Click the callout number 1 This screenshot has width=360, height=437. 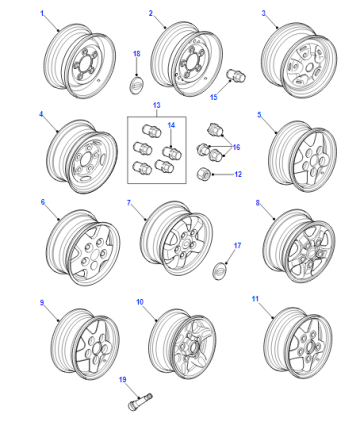click(42, 13)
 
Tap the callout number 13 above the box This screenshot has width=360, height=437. click(157, 105)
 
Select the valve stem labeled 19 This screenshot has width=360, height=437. click(140, 401)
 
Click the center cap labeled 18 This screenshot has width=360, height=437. click(136, 85)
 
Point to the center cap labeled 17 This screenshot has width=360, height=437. click(219, 271)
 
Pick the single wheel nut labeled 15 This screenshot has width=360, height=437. click(236, 75)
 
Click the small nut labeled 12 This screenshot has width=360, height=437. click(203, 174)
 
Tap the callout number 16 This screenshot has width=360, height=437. click(236, 147)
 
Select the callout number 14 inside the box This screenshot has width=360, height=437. click(171, 125)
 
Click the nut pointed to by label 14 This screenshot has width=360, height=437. click(172, 153)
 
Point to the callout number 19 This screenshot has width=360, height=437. click(123, 380)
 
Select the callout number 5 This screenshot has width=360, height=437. click(259, 115)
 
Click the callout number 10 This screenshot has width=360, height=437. click(140, 302)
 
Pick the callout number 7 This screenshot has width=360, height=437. click(129, 203)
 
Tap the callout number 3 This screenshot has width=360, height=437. click(264, 13)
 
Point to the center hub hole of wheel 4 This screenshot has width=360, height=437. click(83, 159)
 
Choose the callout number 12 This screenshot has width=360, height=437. click(238, 174)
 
